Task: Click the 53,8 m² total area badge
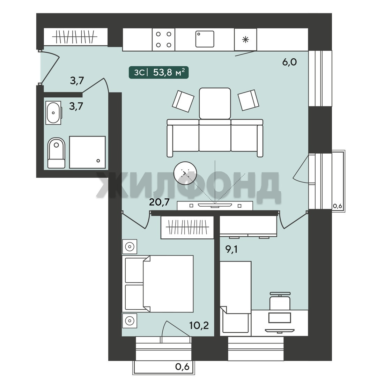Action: tap(159, 72)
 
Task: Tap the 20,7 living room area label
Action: tap(159, 202)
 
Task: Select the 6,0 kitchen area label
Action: tap(289, 62)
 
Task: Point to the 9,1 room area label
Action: tap(231, 249)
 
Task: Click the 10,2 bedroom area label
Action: tap(199, 325)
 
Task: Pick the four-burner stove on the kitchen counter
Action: tap(163, 39)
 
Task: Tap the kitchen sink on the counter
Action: tap(205, 39)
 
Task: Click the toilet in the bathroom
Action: tap(56, 153)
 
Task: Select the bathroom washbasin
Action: tap(53, 113)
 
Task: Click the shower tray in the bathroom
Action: tap(87, 152)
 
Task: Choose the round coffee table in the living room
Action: tap(185, 173)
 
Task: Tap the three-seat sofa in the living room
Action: tap(215, 138)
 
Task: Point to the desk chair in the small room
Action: tap(280, 301)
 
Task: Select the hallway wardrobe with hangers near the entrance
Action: tap(75, 37)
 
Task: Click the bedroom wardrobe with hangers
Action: tap(187, 227)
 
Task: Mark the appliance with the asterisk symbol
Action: tap(245, 40)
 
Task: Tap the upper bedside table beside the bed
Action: tap(130, 247)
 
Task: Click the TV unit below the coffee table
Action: tap(215, 206)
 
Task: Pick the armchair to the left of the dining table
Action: tap(183, 101)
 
